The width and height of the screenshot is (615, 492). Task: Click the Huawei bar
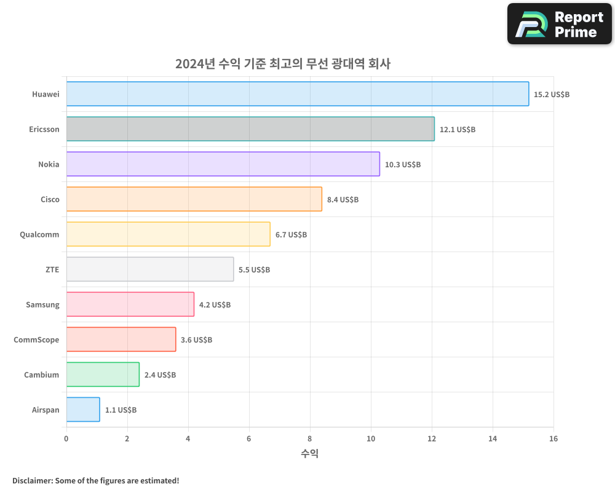297,94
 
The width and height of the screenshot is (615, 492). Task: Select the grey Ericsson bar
250,129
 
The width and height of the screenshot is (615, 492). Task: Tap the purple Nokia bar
223,164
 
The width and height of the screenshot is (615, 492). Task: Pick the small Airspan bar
83,410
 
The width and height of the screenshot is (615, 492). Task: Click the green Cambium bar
103,375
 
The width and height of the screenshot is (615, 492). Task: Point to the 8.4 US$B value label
343,200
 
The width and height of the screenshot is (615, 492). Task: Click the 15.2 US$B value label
552,95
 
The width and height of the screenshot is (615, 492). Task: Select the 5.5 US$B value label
254,270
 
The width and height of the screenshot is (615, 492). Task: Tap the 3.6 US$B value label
196,340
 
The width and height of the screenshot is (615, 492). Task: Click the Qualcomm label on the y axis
39,234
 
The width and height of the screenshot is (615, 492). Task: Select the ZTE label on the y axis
52,269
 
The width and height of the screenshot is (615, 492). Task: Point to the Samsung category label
42,304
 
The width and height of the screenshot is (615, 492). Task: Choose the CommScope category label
36,339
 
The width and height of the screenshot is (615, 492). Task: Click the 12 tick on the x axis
432,438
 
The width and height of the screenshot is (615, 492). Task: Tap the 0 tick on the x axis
66,438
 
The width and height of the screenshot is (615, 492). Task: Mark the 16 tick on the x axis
553,438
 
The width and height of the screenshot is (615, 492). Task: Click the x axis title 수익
309,454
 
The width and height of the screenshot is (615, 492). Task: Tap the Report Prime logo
559,24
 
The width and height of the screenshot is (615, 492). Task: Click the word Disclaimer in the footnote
32,480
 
